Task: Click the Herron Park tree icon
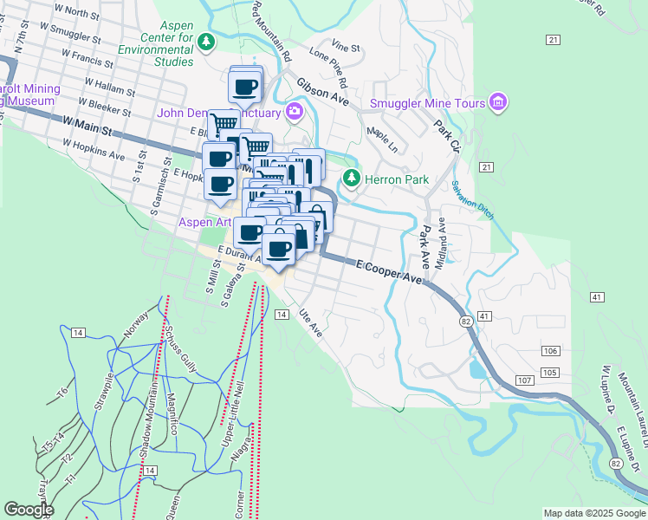351,179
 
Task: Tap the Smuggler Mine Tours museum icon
497,103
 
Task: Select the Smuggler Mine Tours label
427,104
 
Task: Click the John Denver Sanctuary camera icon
295,111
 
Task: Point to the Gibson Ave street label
321,92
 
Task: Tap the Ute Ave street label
310,327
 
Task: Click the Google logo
29,510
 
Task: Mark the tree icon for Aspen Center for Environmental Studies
206,42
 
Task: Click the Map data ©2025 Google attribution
594,513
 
